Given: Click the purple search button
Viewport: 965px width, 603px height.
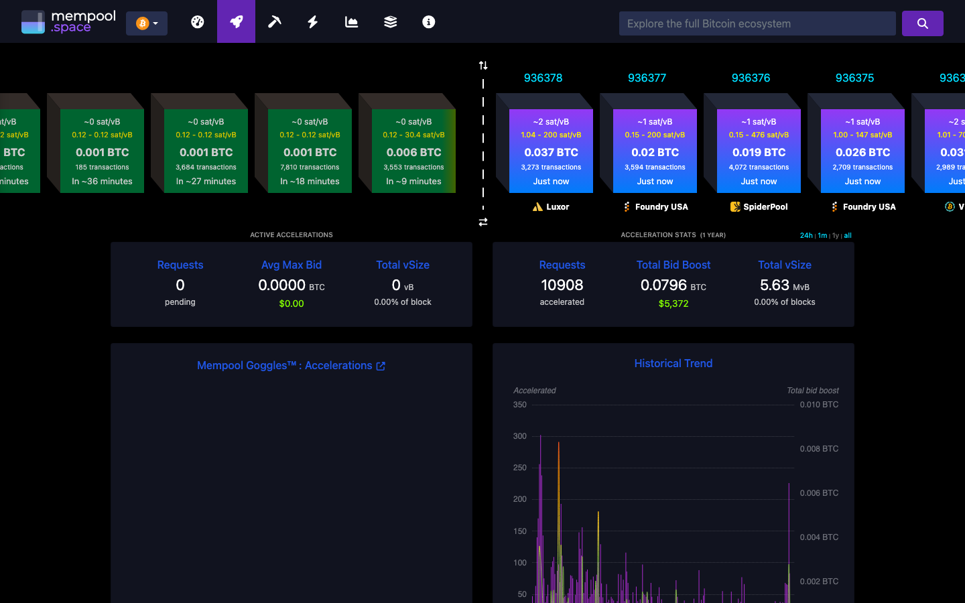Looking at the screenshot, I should tap(922, 23).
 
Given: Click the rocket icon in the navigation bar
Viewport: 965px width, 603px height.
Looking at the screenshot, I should tap(236, 21).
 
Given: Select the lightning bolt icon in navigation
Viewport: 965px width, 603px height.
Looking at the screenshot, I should tap(313, 22).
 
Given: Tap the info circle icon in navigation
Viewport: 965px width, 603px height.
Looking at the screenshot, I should tap(428, 22).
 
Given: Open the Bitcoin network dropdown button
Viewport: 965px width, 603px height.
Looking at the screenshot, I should tap(147, 23).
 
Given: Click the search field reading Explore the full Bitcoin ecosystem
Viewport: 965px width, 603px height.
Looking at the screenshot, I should tap(757, 23).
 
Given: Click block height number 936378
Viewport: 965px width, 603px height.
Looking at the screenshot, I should tap(543, 78).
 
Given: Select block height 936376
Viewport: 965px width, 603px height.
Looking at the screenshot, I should tap(751, 78).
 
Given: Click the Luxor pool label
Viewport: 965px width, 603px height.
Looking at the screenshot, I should tap(551, 207).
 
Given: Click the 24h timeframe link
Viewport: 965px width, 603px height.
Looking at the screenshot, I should tap(806, 236).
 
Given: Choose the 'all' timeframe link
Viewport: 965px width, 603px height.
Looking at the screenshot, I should tap(848, 236).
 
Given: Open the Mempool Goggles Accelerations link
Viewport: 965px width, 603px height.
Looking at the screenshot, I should tap(291, 366).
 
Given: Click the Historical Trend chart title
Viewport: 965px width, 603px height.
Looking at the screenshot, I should tap(673, 363).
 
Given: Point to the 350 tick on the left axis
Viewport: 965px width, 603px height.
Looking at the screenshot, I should tap(519, 405).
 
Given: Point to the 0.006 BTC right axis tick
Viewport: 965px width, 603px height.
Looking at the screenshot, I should tap(819, 493).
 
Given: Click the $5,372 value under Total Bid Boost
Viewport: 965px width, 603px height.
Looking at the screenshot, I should tap(673, 304).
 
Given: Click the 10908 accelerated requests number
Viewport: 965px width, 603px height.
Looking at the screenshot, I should tap(562, 285).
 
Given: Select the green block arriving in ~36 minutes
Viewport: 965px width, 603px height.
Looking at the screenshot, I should tap(102, 151).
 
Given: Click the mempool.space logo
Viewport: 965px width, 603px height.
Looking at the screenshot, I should tap(68, 22).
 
